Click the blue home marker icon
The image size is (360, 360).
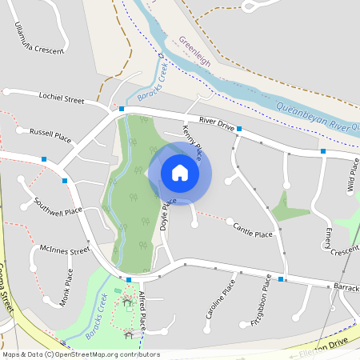(180, 173)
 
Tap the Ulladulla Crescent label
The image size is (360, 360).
(38, 39)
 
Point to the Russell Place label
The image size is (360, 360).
(50, 135)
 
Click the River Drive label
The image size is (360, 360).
(217, 122)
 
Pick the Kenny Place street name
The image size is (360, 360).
(193, 140)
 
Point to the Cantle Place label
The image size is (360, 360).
(253, 231)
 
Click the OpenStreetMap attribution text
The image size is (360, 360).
(80, 354)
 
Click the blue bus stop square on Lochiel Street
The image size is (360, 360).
(122, 108)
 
